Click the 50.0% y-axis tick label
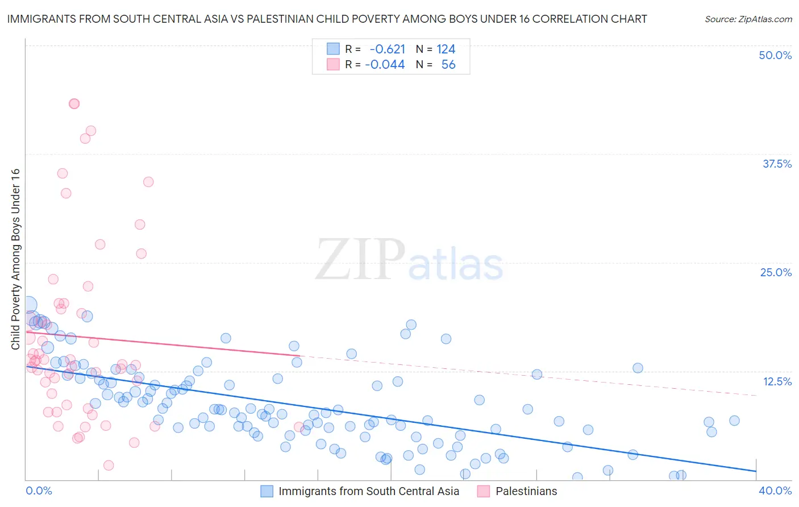tap(775, 55)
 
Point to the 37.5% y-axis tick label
tap(777, 164)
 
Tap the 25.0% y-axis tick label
tap(776, 272)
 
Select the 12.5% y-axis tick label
tap(777, 381)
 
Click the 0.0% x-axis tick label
tap(39, 491)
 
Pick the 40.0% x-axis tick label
tap(775, 491)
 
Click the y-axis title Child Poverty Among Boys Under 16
tap(15, 259)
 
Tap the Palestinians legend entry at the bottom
tap(526, 491)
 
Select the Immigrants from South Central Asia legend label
tap(369, 491)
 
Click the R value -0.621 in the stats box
tap(387, 49)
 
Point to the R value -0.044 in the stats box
tap(385, 65)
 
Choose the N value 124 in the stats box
tap(446, 49)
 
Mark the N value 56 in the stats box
tap(448, 65)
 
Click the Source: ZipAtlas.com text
tap(748, 19)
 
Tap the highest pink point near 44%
tap(74, 103)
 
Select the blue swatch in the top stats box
tap(333, 49)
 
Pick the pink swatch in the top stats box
tap(333, 64)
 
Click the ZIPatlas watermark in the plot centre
tap(409, 260)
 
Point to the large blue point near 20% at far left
tap(28, 305)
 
